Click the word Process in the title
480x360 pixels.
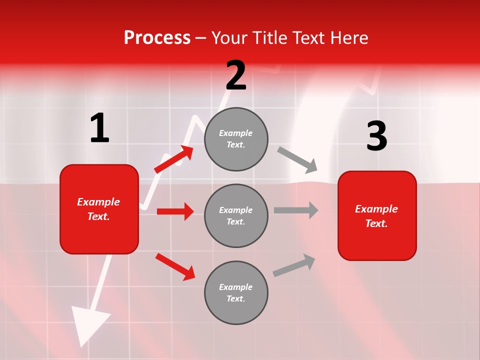click(x=157, y=37)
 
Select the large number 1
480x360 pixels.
click(x=99, y=128)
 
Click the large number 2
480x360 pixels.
click(x=236, y=75)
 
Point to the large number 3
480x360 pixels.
click(x=376, y=136)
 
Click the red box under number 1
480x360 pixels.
click(x=99, y=209)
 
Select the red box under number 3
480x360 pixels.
click(x=377, y=215)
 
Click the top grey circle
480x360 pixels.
click(x=236, y=139)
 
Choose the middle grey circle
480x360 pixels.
click(x=236, y=215)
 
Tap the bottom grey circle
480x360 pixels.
click(x=236, y=292)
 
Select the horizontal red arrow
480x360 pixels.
click(x=175, y=211)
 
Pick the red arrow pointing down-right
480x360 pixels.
click(x=175, y=266)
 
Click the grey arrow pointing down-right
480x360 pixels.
click(x=297, y=159)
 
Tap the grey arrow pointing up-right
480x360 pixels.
click(x=294, y=265)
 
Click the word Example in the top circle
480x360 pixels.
click(x=235, y=133)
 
